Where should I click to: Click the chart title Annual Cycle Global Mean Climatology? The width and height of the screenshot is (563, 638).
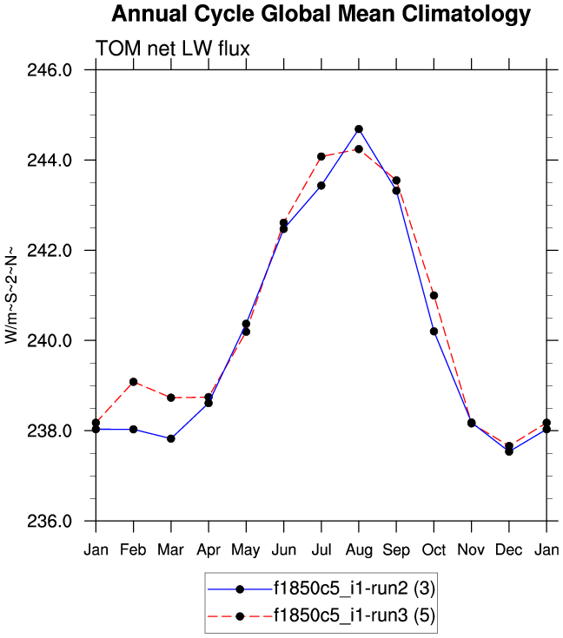click(x=321, y=15)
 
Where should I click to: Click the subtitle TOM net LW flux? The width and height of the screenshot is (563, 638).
click(x=173, y=49)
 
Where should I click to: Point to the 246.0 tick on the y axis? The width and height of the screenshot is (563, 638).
click(x=63, y=70)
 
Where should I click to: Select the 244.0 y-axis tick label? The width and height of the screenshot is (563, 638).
click(x=63, y=161)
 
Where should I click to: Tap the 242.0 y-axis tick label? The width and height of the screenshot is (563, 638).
click(x=63, y=251)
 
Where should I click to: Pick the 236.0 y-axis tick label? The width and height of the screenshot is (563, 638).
click(x=63, y=522)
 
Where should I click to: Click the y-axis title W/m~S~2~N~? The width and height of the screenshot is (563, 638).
click(x=11, y=295)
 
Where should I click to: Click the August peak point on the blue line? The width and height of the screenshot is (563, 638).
click(x=359, y=129)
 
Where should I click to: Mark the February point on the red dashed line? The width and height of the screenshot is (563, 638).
click(x=133, y=382)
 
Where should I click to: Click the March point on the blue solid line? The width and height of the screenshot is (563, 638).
click(x=171, y=438)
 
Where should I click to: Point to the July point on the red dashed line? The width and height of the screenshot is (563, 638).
click(x=321, y=156)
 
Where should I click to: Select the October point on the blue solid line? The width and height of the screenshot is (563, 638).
click(x=434, y=331)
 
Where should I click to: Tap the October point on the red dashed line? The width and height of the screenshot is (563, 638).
click(x=434, y=295)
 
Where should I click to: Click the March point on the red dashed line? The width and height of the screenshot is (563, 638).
click(x=171, y=398)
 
